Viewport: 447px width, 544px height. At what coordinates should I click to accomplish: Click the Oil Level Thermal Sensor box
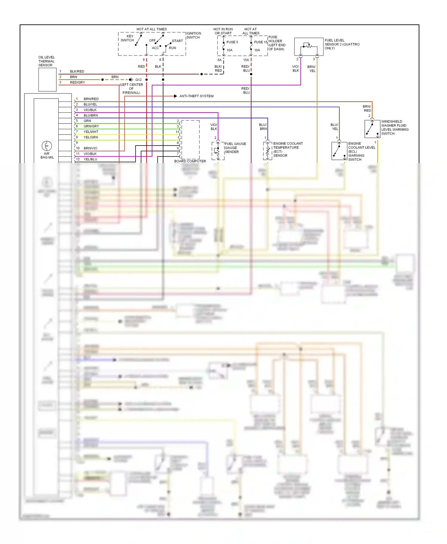click(47, 79)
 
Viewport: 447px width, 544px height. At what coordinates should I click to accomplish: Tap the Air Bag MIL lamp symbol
click(47, 146)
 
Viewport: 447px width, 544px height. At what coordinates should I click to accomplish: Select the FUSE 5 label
click(232, 42)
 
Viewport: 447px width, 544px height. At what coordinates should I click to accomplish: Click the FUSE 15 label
click(260, 42)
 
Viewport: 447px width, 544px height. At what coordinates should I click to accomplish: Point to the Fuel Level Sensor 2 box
click(309, 46)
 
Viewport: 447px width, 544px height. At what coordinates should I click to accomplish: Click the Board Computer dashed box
click(190, 140)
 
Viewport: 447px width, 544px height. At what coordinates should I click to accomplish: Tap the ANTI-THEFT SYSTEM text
click(196, 96)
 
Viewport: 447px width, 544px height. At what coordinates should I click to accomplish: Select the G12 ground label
click(139, 80)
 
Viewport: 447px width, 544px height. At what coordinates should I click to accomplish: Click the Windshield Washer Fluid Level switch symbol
click(372, 129)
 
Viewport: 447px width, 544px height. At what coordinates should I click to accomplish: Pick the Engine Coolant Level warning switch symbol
click(339, 151)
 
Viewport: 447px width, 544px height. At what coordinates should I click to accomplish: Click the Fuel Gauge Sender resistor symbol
click(218, 151)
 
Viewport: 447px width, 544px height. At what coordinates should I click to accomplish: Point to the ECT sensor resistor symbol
click(267, 151)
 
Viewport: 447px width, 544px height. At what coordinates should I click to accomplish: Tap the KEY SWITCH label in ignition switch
click(128, 38)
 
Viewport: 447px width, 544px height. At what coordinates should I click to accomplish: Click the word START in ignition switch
click(177, 41)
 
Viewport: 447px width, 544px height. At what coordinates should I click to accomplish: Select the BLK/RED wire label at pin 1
click(77, 71)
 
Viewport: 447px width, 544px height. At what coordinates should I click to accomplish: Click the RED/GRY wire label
click(77, 82)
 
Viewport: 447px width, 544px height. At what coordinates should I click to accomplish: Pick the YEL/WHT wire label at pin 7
click(91, 132)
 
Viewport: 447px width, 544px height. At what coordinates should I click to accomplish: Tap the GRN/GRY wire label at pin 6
click(91, 126)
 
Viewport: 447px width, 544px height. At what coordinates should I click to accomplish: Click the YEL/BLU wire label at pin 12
click(90, 159)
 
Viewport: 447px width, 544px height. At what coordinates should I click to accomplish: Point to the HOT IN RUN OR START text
click(223, 31)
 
